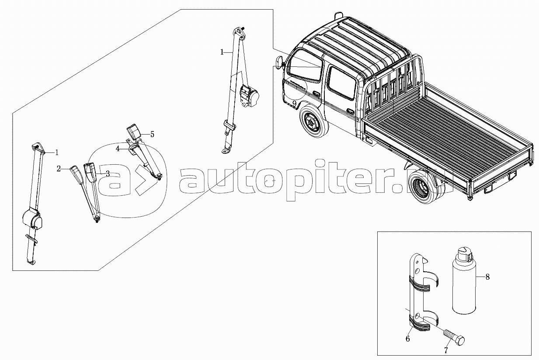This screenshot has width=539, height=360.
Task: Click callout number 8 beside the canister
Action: [x=488, y=277]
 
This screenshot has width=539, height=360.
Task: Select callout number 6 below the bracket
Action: [x=408, y=338]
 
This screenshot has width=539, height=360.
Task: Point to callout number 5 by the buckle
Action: [x=152, y=134]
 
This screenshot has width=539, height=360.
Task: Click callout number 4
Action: [x=118, y=149]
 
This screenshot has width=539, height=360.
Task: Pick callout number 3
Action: [x=108, y=173]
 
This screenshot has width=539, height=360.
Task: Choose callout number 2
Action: [x=59, y=168]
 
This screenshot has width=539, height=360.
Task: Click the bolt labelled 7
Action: [x=454, y=337]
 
